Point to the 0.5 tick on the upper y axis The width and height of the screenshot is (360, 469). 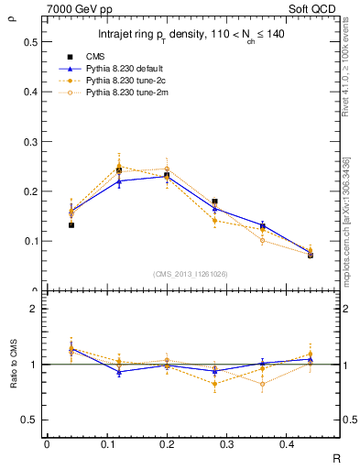[x=30, y=42]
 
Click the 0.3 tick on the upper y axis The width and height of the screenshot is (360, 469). [x=30, y=142]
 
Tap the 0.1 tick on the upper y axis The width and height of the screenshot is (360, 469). [x=30, y=242]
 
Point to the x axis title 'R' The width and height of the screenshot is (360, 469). [x=337, y=458]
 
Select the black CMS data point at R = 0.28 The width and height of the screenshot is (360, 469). [x=214, y=202]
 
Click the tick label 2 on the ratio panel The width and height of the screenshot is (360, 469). [x=34, y=309]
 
